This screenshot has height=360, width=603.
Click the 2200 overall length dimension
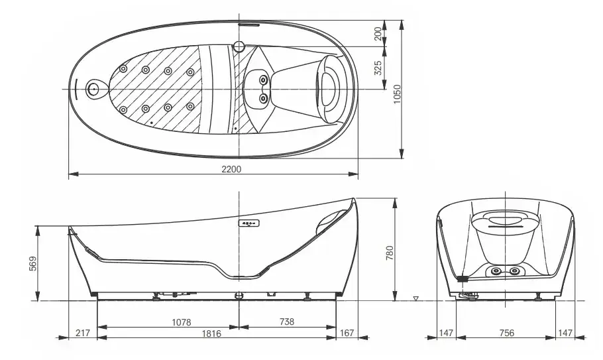coord(231,169)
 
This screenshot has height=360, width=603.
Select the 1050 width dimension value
coord(398,94)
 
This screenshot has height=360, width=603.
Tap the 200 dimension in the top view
coord(378,33)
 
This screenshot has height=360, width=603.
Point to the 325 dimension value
coord(378,68)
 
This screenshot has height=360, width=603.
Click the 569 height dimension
coord(33,263)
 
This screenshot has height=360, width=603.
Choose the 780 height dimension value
coord(390,253)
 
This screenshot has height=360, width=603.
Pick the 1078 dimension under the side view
coord(181,322)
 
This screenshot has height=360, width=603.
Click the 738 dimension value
coord(287,322)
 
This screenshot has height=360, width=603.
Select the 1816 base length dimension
coord(211,333)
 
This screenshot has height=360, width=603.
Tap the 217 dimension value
coord(82,333)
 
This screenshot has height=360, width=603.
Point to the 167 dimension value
coord(347,333)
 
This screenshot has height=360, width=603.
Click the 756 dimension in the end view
coord(506,333)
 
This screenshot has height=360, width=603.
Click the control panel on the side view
coord(248,223)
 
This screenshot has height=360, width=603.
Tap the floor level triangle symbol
coord(415,298)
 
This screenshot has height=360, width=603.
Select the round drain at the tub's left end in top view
coord(93,90)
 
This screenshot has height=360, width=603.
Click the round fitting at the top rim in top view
coord(239,46)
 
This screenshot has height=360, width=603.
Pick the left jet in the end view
coord(496,271)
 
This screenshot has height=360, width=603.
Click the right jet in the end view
coord(514,271)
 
